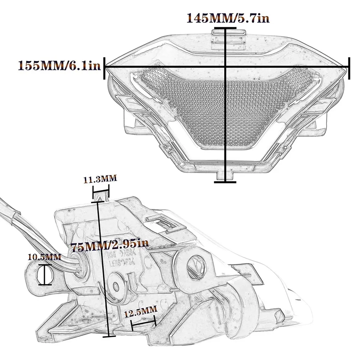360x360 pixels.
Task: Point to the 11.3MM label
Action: pyautogui.click(x=100, y=179)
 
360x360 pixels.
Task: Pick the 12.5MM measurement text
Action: pyautogui.click(x=141, y=312)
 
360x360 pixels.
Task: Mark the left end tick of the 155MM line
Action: pyautogui.click(x=105, y=68)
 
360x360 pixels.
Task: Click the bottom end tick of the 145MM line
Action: pyautogui.click(x=225, y=182)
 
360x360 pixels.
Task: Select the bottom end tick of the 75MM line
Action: pyautogui.click(x=109, y=336)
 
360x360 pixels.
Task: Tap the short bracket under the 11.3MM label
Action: pyautogui.click(x=101, y=194)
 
